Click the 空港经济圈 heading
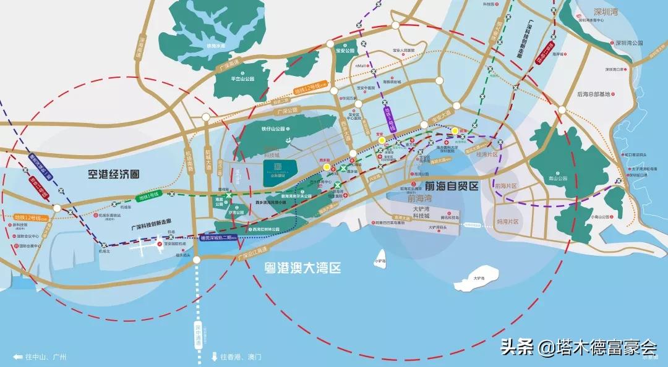tap(113, 174)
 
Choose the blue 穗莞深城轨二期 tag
tap(220, 238)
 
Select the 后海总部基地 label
tap(593, 95)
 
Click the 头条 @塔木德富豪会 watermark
tap(579, 347)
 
